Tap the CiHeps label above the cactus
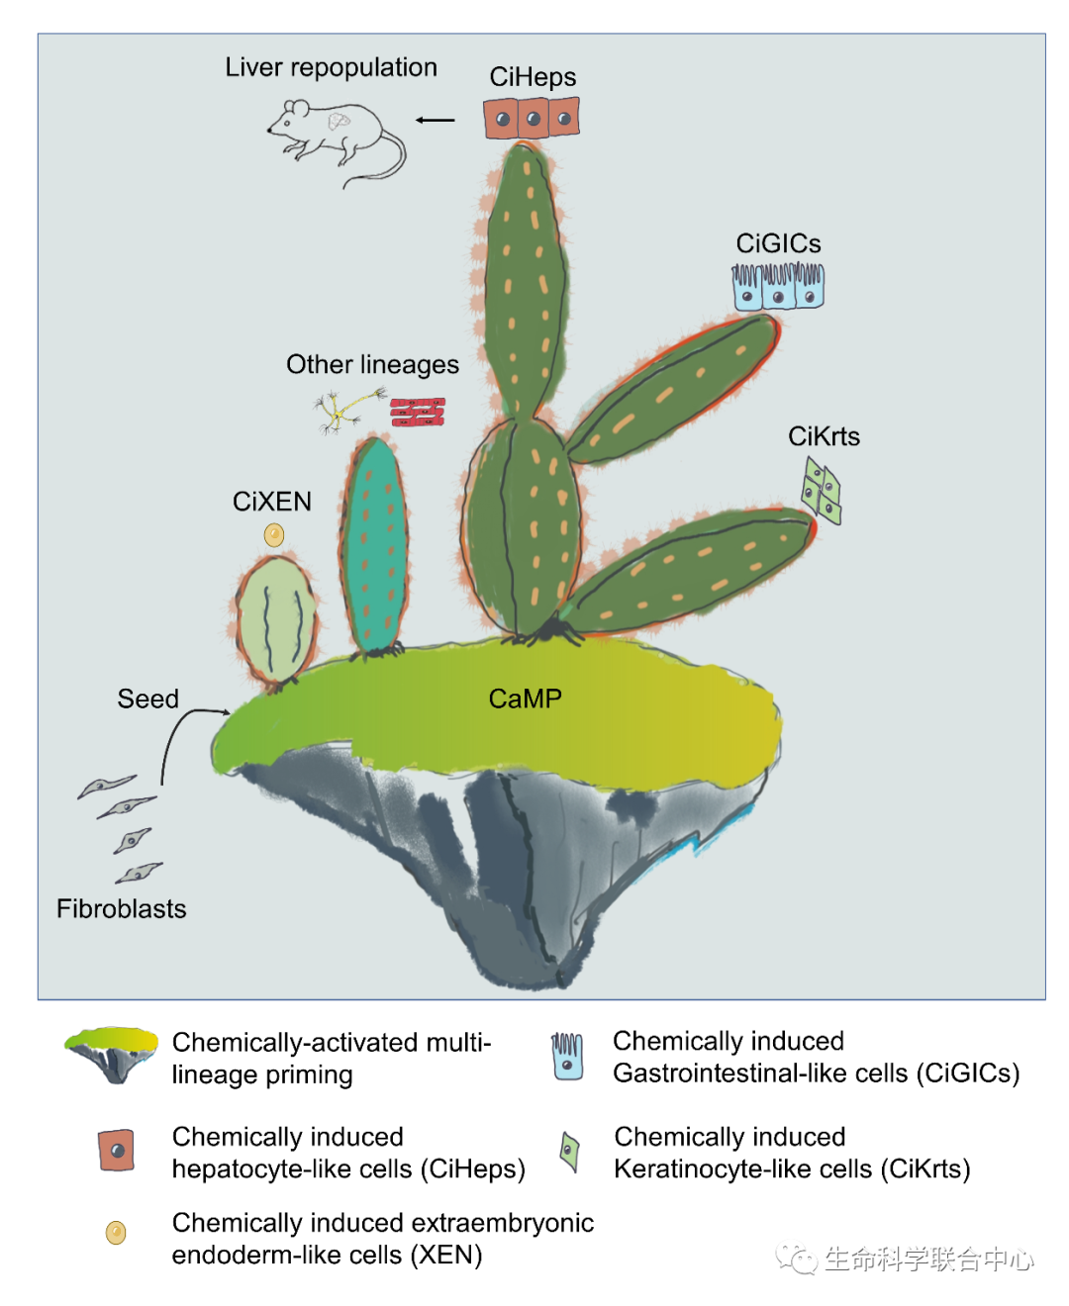point(533,77)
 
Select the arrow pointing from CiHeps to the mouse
point(436,121)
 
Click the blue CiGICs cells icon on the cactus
point(778,286)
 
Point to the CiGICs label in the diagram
point(778,243)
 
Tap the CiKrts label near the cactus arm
point(824,436)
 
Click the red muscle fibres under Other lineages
point(418,413)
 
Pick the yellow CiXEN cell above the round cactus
point(274,535)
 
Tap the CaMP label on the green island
point(525,699)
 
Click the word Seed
point(148,699)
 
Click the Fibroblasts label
point(121,908)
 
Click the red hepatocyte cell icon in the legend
point(117,1151)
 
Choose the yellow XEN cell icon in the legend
point(116,1233)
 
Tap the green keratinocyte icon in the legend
point(569,1152)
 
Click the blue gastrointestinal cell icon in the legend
point(567,1056)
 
